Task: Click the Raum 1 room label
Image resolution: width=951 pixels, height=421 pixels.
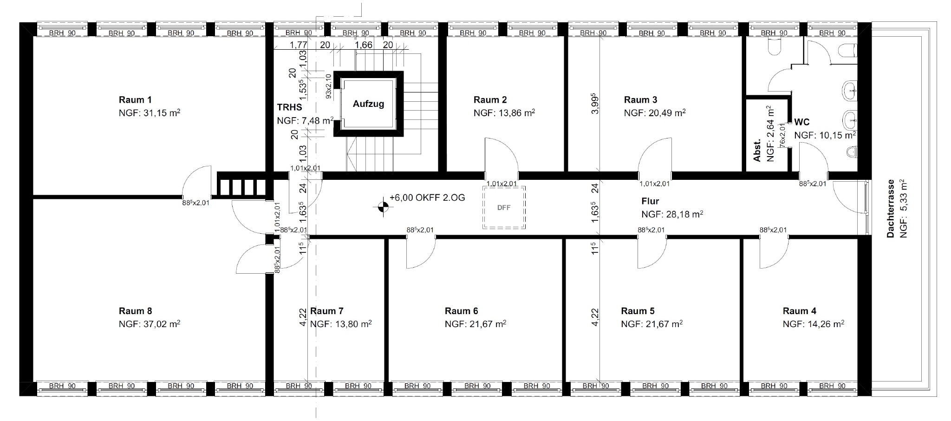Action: click(x=135, y=99)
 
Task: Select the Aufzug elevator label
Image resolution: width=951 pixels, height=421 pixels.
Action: click(x=368, y=104)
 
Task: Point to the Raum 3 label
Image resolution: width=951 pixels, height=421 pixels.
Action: click(x=640, y=99)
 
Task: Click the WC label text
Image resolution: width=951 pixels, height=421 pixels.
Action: click(x=802, y=122)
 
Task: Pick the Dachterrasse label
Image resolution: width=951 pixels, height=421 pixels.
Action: click(x=891, y=209)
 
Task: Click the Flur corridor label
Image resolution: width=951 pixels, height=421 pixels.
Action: click(x=650, y=201)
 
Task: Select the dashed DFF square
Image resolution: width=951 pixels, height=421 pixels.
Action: click(x=504, y=208)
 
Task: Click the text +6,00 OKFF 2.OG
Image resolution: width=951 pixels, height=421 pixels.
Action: click(x=427, y=197)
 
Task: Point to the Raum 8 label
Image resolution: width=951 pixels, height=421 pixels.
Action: click(x=135, y=311)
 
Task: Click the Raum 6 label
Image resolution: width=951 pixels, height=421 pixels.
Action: click(x=461, y=311)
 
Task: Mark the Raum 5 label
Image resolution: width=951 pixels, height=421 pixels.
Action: click(x=638, y=311)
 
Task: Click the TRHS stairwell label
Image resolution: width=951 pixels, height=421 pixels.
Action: click(x=289, y=107)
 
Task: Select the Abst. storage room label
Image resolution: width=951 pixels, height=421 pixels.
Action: click(x=757, y=150)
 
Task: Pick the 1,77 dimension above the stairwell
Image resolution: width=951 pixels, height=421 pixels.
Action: click(x=298, y=45)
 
